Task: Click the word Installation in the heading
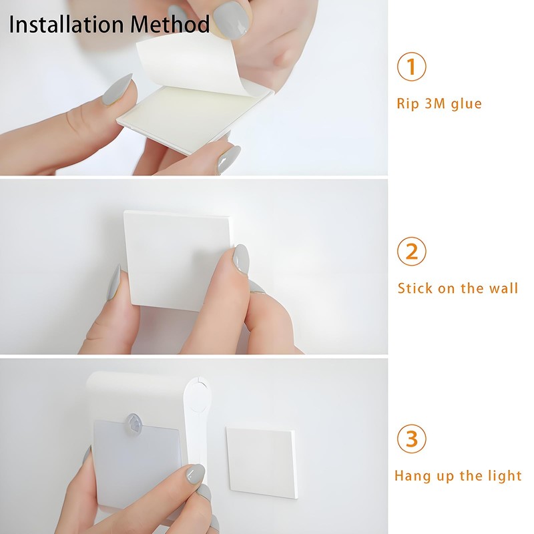click(x=66, y=24)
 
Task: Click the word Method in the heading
click(x=170, y=24)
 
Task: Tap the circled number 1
click(x=411, y=66)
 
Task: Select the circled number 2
click(x=411, y=252)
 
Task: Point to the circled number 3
click(x=411, y=439)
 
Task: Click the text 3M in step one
click(x=435, y=103)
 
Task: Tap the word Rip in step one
click(x=408, y=104)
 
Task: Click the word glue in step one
click(x=466, y=104)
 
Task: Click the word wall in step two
click(x=503, y=288)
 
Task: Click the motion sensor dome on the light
click(x=136, y=424)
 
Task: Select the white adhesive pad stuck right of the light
click(x=262, y=463)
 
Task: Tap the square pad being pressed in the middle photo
click(x=180, y=261)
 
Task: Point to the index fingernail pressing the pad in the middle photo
click(x=241, y=259)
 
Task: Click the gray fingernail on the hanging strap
click(x=196, y=474)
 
